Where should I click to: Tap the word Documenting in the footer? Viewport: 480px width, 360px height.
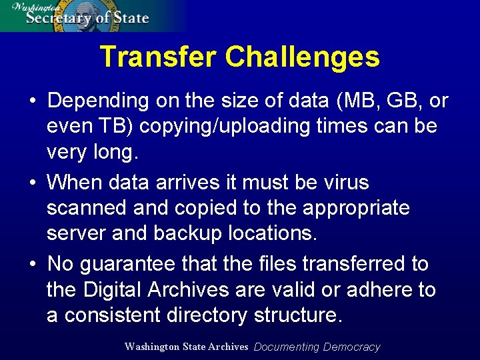click(287, 347)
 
